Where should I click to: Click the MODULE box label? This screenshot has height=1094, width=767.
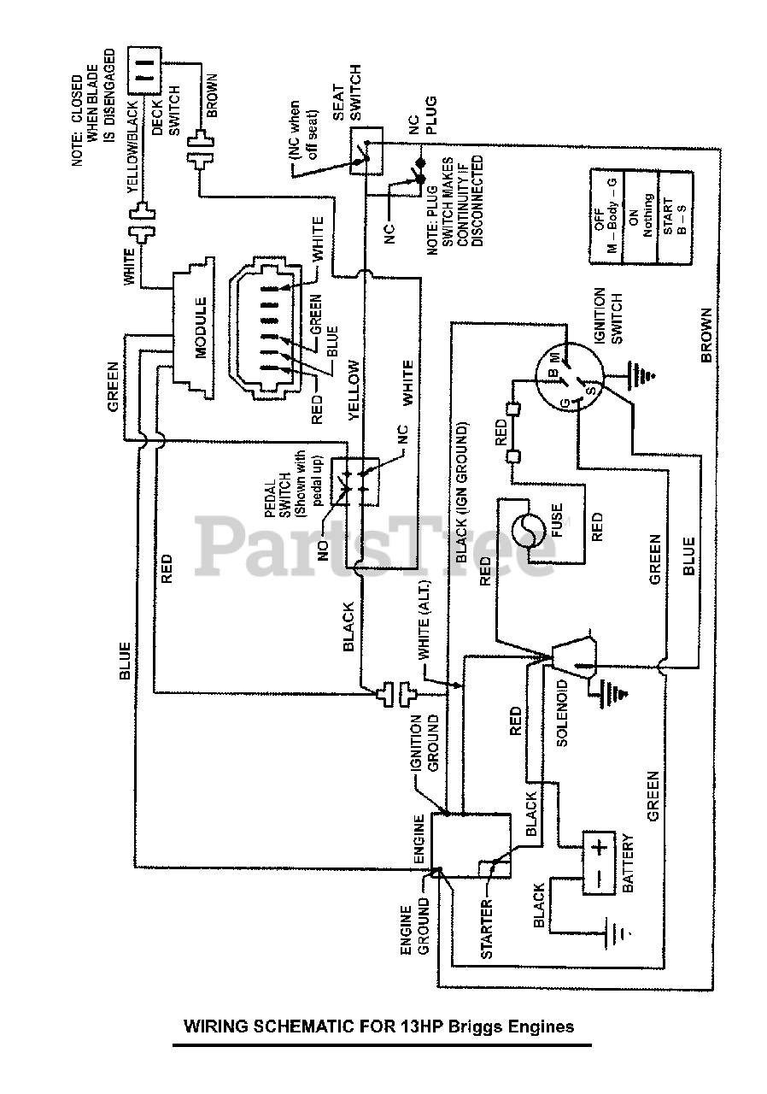coord(202,328)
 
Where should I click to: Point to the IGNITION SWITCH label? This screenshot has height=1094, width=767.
coord(609,315)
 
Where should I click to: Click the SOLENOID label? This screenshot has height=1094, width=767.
coord(562,714)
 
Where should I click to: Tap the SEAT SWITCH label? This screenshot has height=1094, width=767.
coord(347,93)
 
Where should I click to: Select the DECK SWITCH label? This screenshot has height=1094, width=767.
coord(167,111)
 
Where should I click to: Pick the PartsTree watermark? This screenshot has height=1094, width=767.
coord(376,544)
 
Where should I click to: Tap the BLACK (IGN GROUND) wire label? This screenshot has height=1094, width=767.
coord(461,492)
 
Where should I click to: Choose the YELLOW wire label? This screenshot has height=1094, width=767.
coord(354,389)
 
